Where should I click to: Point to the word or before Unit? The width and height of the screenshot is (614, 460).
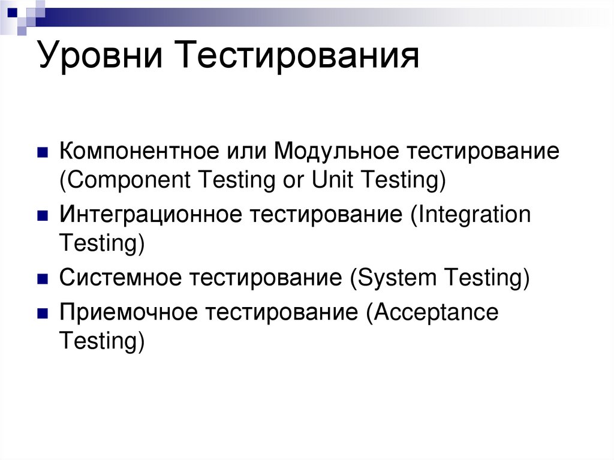point(293,181)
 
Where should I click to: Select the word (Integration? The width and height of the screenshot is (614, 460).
point(471,215)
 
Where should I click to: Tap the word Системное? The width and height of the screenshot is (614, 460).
point(119,279)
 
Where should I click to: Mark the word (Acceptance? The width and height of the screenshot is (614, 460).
point(431,314)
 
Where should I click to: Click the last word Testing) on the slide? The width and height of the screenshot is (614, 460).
point(102,342)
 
